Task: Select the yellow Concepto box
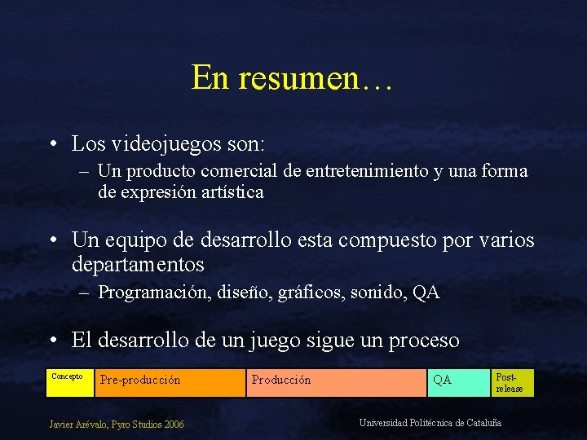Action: click(x=69, y=382)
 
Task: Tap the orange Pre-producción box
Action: click(x=170, y=382)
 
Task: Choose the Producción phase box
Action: click(x=335, y=382)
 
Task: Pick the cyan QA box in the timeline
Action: click(x=458, y=382)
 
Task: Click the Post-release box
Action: click(x=513, y=382)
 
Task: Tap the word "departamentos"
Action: click(x=138, y=265)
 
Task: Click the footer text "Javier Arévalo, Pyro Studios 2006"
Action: click(x=117, y=424)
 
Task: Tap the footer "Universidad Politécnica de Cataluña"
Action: click(x=430, y=422)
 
